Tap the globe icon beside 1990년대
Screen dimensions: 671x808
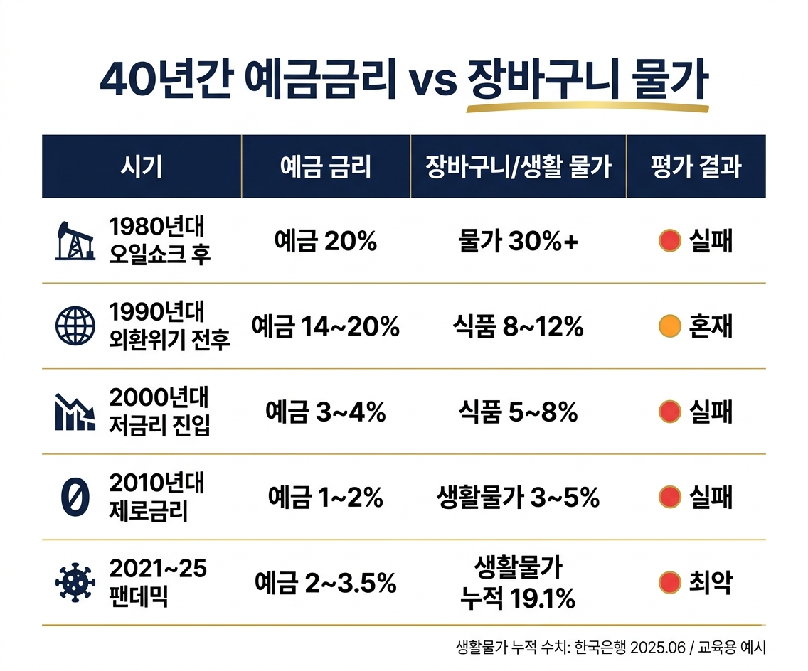(75, 326)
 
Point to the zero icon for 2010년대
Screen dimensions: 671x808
(75, 497)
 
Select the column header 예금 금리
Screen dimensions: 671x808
(326, 167)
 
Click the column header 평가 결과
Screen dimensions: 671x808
(696, 167)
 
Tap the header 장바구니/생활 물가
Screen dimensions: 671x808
(518, 167)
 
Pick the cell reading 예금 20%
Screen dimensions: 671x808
(325, 242)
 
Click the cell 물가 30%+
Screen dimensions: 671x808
(518, 242)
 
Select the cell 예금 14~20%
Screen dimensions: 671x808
(325, 327)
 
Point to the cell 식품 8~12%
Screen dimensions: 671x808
(518, 327)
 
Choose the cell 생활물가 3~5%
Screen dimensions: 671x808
(518, 498)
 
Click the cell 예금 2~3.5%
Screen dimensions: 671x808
(325, 584)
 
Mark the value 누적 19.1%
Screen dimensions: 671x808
(518, 599)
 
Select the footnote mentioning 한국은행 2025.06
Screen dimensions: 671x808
(611, 648)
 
